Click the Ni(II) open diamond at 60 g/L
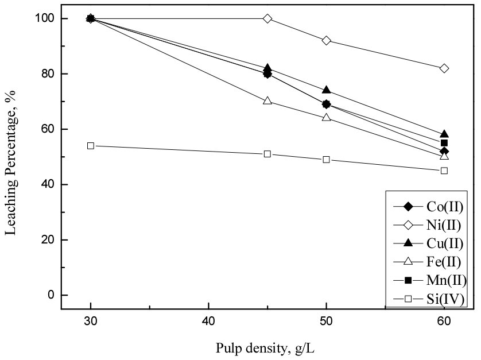[444, 68]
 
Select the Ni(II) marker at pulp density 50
[327, 40]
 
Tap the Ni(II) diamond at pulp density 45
[267, 18]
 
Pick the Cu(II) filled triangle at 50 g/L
[327, 90]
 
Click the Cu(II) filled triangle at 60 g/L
[444, 134]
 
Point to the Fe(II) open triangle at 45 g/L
[267, 101]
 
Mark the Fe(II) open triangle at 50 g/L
[327, 118]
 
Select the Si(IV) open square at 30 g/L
[91, 146]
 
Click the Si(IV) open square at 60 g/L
[444, 171]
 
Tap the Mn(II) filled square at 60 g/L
[444, 143]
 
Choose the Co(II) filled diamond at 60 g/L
[444, 152]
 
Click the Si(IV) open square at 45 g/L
[267, 154]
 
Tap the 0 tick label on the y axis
[49, 295]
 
